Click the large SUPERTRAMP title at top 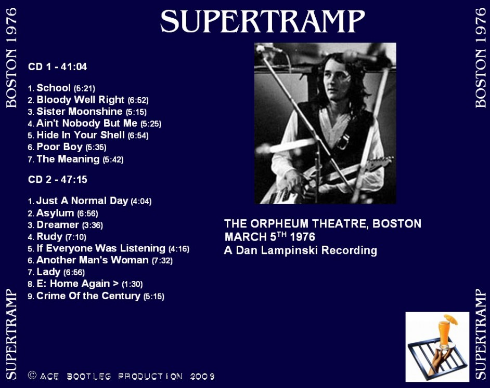pos(263,21)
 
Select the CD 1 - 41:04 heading pos(58,66)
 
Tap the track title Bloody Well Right pos(80,100)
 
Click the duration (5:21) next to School pos(84,88)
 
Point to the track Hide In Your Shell pos(81,135)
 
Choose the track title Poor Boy pos(59,146)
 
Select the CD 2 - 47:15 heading pos(58,180)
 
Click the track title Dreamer pos(58,225)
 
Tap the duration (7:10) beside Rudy pos(75,237)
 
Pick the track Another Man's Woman pos(93,260)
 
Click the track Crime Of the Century pos(88,296)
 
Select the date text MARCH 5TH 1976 pos(269,237)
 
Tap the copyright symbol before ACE pos(32,375)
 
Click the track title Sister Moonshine pos(80,112)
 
